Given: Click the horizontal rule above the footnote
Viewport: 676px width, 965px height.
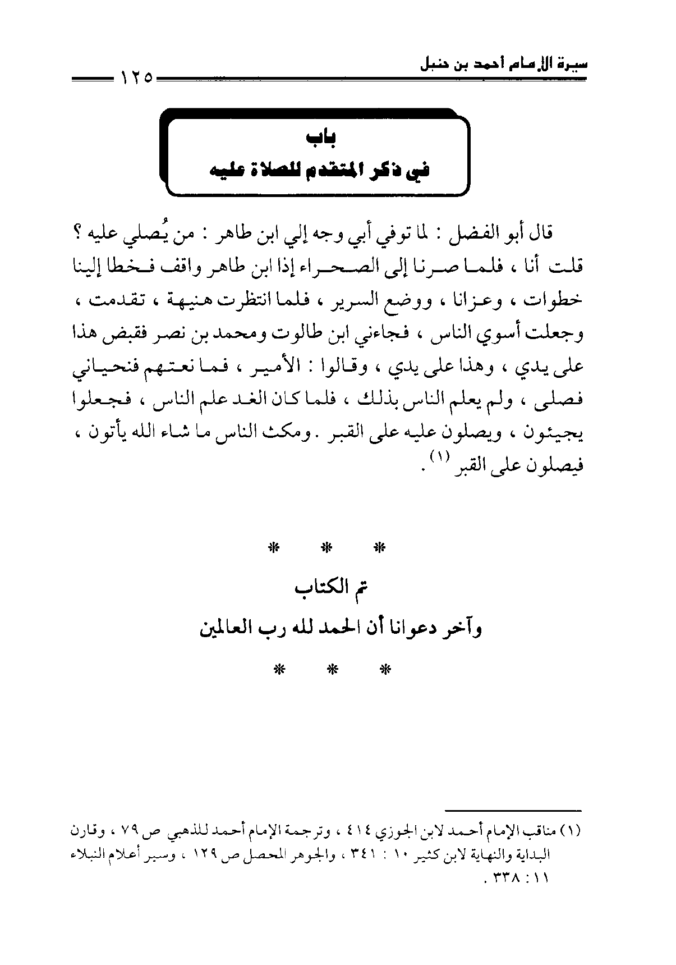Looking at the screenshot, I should click(514, 809).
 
